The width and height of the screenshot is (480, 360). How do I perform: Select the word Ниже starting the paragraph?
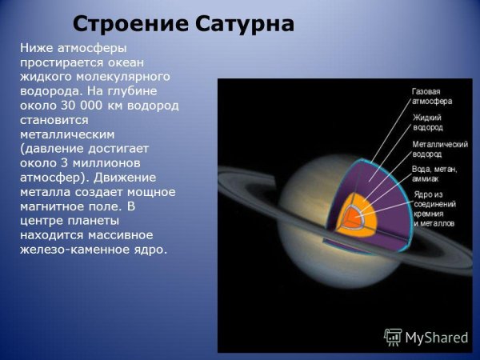pos(37,49)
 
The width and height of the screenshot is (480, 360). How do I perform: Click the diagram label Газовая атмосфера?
pos(428,97)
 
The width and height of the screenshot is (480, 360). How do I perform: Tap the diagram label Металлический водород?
pos(438,150)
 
